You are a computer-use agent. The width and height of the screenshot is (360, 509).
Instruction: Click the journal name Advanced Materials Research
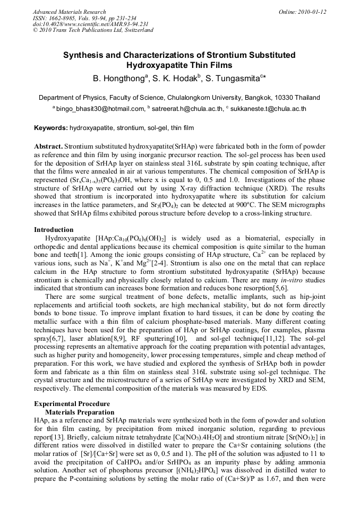(69, 12)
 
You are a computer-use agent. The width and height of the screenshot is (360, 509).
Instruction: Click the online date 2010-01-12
(311, 12)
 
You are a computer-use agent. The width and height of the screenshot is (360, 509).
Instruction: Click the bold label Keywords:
(51, 128)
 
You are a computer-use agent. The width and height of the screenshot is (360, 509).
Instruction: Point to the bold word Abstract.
(48, 146)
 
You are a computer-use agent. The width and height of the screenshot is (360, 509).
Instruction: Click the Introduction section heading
(54, 230)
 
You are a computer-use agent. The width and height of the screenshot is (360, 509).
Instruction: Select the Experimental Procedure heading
(72, 404)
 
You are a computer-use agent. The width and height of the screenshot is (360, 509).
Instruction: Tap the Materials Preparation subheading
(80, 412)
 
